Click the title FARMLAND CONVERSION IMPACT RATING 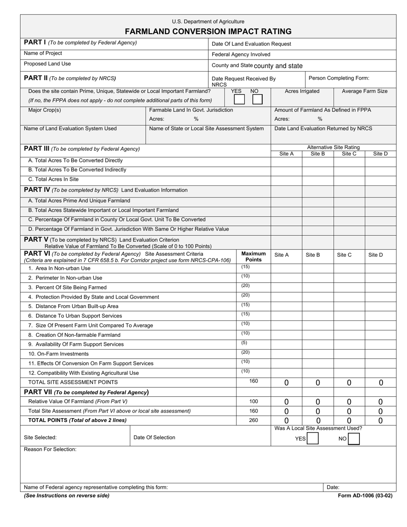[x=208, y=31]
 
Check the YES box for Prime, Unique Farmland [x=239, y=99]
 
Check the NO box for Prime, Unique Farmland [x=257, y=99]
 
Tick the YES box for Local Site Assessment [x=313, y=439]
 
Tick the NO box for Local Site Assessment [x=354, y=439]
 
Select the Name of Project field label [x=43, y=53]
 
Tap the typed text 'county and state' [x=278, y=66]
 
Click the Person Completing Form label [x=339, y=78]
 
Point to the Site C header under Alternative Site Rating [x=349, y=154]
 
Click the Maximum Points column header [x=253, y=257]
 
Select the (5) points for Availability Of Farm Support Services [x=244, y=343]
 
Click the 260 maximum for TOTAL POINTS [x=253, y=420]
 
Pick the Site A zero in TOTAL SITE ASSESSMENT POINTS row [x=286, y=383]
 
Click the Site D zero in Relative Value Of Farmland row [x=380, y=402]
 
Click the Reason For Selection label [x=50, y=449]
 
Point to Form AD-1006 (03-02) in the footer [x=365, y=496]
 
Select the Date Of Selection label [x=154, y=437]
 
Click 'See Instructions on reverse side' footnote [x=67, y=496]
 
